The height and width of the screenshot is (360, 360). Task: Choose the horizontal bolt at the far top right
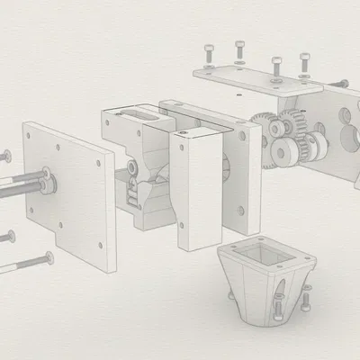[340, 83]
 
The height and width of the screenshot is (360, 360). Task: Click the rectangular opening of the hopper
[267, 253]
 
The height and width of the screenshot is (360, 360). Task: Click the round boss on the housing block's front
[132, 167]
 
